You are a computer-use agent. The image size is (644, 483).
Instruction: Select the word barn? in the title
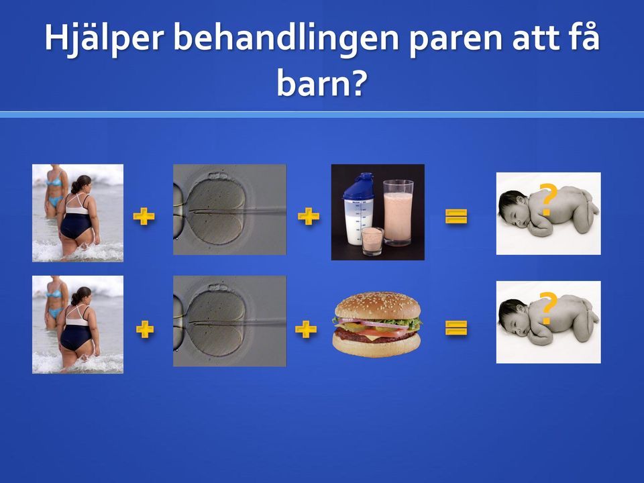321,83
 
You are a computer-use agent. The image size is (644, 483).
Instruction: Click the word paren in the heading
456,40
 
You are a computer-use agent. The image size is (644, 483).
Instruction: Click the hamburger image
377,325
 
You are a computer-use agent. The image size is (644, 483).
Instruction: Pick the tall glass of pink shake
398,213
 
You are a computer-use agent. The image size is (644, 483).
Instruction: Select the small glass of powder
372,241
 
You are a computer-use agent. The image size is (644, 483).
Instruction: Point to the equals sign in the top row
456,217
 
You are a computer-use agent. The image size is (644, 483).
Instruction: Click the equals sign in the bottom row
456,328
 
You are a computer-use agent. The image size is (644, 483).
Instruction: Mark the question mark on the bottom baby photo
548,309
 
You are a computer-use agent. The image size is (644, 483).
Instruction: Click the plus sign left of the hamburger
306,329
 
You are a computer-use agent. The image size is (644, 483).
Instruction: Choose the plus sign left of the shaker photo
309,216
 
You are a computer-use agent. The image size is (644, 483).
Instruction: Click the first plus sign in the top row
144,216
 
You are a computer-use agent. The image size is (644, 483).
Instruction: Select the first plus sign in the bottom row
145,329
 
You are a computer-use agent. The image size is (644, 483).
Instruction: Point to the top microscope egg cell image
229,209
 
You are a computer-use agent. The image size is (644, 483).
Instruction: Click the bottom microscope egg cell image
229,321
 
